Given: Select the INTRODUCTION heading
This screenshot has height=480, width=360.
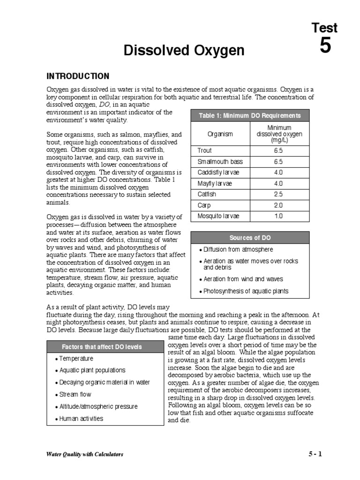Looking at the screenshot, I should pos(77,76).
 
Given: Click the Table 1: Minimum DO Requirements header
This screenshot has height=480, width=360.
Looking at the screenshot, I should pos(250,116).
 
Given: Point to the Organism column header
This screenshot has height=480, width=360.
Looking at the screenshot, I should pos(220,134).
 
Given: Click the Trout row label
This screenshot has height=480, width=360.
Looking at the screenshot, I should pos(205,150).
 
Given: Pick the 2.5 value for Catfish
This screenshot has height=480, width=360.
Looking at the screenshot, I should pos(278,195).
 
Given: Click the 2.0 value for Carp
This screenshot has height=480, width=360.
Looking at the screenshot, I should pos(278,205).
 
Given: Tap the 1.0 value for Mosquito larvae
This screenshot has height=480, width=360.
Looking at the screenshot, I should pos(278,216).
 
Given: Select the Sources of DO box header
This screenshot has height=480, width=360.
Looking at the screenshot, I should pos(250,238).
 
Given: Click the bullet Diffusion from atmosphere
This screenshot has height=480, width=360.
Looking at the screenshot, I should pos(238,250).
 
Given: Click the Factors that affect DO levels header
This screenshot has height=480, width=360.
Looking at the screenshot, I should pos(102,347).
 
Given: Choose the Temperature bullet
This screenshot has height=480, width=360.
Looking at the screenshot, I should pos(76,359).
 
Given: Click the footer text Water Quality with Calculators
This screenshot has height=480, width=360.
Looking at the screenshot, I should pos(85,454).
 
